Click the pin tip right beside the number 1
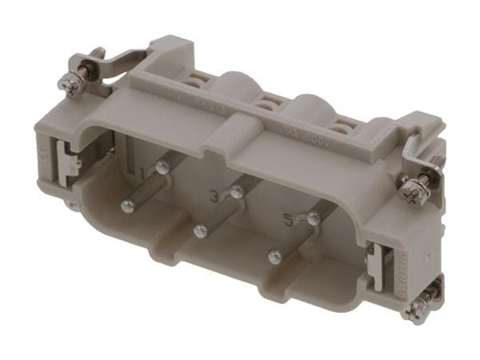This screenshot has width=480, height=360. (x=162, y=167)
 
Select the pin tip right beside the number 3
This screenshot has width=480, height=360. (x=237, y=190)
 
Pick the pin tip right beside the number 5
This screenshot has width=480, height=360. (x=314, y=217)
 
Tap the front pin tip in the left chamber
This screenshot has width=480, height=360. (x=126, y=206)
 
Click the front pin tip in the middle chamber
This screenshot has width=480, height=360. (x=200, y=231)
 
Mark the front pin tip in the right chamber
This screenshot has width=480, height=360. (x=275, y=257)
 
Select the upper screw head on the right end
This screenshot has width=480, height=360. (x=414, y=189)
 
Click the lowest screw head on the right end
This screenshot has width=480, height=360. (x=417, y=307)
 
